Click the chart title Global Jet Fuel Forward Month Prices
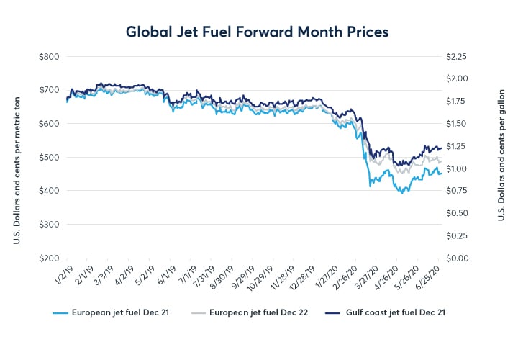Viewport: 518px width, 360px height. click(x=258, y=32)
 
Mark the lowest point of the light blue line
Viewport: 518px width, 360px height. click(x=402, y=193)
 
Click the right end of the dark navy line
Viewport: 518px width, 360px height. click(x=441, y=148)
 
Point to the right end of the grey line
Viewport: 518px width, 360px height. click(x=441, y=161)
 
